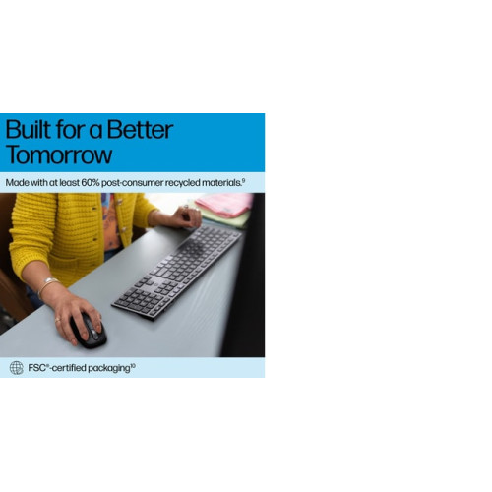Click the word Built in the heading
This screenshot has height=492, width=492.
tap(29, 130)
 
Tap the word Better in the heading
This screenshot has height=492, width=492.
tap(140, 130)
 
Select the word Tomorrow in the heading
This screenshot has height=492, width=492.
tap(59, 154)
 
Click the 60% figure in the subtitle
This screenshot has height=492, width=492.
tap(91, 183)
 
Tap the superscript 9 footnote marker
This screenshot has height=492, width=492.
tap(243, 180)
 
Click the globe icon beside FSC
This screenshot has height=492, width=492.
tap(17, 368)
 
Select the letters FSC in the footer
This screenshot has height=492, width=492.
tap(36, 368)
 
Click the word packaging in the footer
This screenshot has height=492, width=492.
tap(109, 368)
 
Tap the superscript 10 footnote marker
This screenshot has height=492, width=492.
tap(133, 365)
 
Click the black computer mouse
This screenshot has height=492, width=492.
tap(89, 331)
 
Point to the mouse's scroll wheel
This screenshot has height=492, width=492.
tap(93, 332)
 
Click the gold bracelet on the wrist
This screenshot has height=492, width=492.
tap(47, 284)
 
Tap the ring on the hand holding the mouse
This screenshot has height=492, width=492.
tap(57, 320)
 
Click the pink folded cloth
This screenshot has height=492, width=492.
tap(225, 204)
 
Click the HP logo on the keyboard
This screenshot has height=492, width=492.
tap(158, 281)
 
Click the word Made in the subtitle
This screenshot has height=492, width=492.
tap(17, 183)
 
